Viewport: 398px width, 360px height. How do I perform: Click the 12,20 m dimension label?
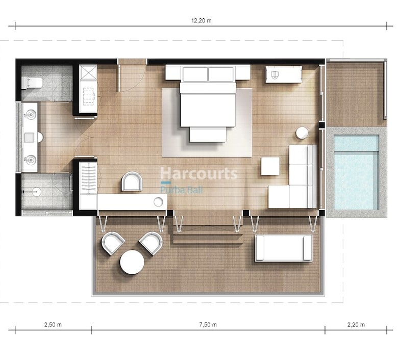tap(201, 21)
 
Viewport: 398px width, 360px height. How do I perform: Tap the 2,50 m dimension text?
tap(53, 324)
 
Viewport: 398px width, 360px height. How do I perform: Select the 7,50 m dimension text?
tap(208, 324)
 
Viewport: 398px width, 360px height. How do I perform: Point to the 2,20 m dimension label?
tap(356, 324)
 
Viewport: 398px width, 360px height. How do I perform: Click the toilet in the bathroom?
tap(32, 83)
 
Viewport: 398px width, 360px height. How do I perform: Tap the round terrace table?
tap(132, 262)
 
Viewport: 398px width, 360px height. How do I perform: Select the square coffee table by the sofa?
tap(270, 166)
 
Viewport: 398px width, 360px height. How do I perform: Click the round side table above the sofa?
tap(302, 133)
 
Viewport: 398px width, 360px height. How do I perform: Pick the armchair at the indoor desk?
tap(132, 182)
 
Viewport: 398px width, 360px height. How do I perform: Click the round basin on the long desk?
tap(158, 202)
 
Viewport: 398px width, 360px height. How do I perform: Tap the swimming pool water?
tap(356, 172)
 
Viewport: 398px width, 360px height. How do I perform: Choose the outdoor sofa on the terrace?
tap(284, 248)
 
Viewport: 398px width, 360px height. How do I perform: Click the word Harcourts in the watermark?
tap(199, 173)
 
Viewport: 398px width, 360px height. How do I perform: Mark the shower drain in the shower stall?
tap(37, 192)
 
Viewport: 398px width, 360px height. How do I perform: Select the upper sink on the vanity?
tap(30, 114)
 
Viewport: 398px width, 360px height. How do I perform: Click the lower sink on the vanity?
tap(30, 160)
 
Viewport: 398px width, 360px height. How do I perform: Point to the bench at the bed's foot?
tap(208, 135)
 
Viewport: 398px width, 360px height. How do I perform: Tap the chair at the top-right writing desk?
tap(275, 75)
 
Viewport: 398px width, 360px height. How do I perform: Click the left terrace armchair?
tap(113, 243)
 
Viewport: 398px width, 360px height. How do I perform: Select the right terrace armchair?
tap(151, 244)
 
